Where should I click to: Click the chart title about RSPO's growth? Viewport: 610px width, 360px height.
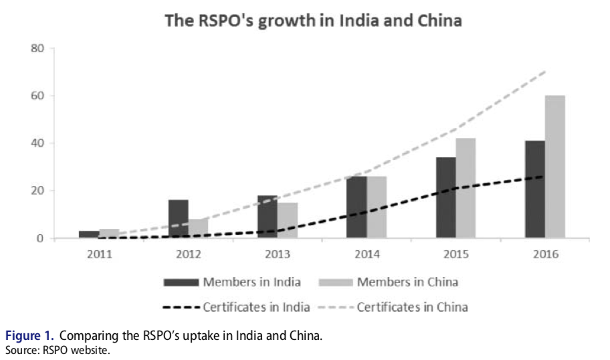(314, 21)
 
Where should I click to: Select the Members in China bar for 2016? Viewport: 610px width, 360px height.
(554, 167)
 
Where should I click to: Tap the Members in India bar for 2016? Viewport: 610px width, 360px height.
(534, 189)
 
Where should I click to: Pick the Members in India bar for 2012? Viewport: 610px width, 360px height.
(178, 219)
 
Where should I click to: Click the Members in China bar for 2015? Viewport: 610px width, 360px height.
(466, 188)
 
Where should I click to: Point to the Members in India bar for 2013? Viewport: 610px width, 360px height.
(267, 217)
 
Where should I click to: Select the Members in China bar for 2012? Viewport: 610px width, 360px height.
(198, 228)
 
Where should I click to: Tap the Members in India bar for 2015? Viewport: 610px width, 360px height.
(445, 197)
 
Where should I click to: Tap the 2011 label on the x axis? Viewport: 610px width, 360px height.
(99, 254)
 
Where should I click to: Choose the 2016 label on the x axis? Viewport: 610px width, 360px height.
(544, 254)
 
